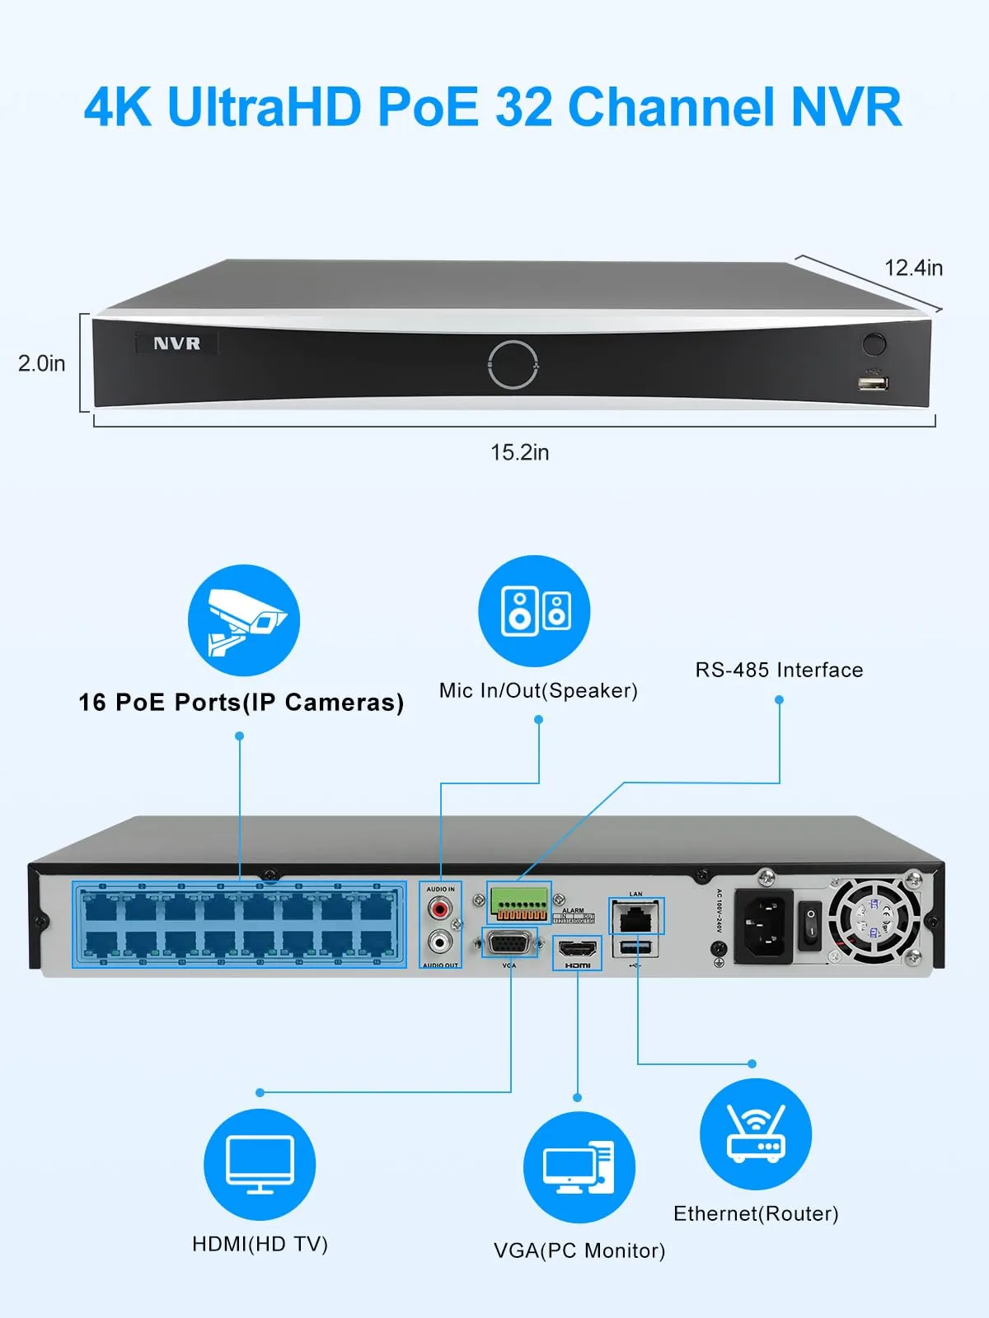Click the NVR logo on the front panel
176,344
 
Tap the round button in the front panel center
513,363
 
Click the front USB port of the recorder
873,383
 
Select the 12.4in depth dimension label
913,268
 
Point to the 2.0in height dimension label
42,363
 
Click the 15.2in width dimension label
519,452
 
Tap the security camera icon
244,620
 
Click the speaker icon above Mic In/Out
534,611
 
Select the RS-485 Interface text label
779,670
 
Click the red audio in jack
440,909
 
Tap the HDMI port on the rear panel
577,949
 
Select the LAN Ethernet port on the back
636,916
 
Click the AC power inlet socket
764,925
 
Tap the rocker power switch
811,925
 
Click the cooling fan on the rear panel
874,921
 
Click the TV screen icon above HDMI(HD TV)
260,1164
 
